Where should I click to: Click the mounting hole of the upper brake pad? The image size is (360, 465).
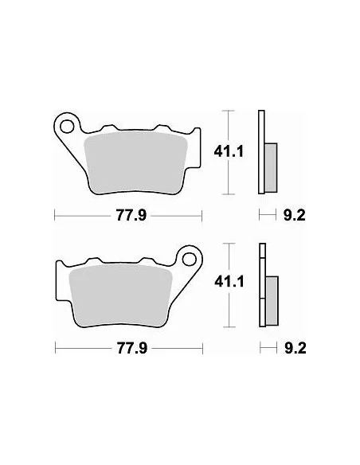pos(67,127)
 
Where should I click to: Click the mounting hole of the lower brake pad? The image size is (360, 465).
pos(190,260)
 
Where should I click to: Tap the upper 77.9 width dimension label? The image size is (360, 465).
pos(131,215)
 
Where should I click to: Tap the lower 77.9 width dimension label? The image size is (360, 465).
pos(132,348)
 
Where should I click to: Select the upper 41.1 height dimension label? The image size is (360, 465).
pos(229,152)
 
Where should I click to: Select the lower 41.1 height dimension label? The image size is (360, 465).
pos(229,281)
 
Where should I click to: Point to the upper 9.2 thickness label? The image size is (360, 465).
pos(295,215)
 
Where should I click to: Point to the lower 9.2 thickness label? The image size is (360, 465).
pos(295,348)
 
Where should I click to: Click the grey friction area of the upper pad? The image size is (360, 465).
pos(136,163)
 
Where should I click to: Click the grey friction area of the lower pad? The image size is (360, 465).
pos(120,295)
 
